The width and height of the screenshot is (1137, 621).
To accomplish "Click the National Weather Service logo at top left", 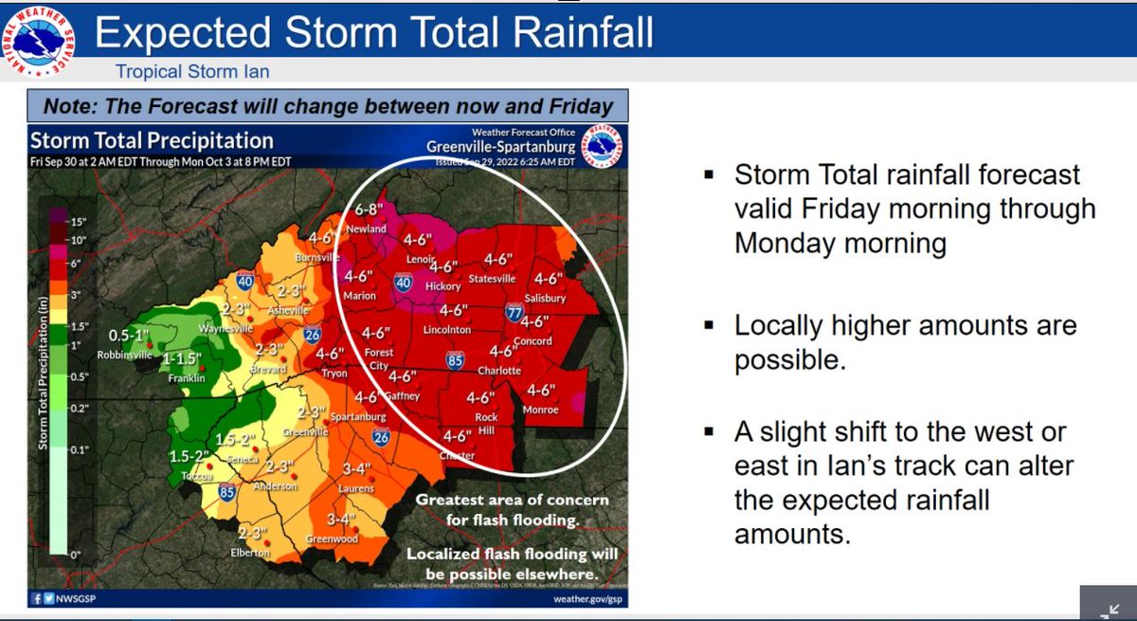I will click(x=39, y=38).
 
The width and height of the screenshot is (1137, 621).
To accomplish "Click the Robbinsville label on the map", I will click(x=128, y=356).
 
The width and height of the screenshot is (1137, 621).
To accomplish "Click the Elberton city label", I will click(x=250, y=553).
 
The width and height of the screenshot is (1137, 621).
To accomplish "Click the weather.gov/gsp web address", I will click(x=587, y=598).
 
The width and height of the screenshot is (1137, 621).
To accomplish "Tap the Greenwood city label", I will click(x=331, y=539).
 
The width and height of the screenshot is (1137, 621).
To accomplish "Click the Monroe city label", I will click(x=541, y=410).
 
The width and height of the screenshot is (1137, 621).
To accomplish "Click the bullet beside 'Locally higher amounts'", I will click(x=709, y=326).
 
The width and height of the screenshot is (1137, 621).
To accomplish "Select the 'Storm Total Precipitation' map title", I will click(x=153, y=140).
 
